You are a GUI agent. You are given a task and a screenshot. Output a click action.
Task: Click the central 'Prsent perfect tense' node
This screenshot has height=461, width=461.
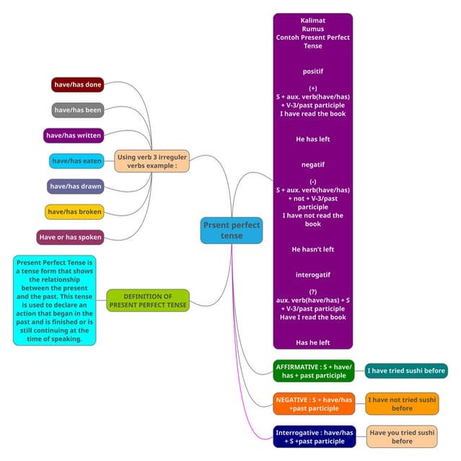(x=232, y=230)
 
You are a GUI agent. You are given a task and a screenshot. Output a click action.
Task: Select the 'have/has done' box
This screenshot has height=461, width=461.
(x=78, y=84)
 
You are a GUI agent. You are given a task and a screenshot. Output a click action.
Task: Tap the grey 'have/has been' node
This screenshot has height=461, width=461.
(x=79, y=110)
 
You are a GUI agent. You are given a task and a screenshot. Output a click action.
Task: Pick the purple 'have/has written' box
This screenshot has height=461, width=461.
(x=74, y=135)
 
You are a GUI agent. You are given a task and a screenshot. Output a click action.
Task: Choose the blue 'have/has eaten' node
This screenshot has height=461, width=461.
(x=77, y=161)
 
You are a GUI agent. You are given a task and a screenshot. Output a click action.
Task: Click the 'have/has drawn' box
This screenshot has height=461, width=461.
(x=76, y=186)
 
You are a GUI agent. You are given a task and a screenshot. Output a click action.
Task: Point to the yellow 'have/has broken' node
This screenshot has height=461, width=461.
(x=74, y=211)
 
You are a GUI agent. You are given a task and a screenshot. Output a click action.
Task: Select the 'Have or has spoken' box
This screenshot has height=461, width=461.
(x=71, y=237)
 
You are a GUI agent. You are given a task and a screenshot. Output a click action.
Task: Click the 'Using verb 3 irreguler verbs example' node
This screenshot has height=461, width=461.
(x=152, y=160)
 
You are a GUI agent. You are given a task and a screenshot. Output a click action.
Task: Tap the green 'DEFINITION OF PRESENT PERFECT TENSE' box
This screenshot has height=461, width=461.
(x=148, y=300)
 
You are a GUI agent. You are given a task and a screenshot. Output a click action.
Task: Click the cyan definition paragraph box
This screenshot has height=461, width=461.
(x=54, y=299)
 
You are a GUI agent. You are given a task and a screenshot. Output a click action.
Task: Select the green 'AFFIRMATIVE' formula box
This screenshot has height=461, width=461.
(x=314, y=371)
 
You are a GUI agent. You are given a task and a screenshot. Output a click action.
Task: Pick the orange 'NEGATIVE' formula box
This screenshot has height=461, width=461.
(x=314, y=403)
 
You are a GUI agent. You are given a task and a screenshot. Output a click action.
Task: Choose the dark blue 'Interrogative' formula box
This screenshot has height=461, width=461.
(x=314, y=436)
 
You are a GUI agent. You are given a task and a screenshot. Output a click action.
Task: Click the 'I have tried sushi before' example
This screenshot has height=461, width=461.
(x=406, y=371)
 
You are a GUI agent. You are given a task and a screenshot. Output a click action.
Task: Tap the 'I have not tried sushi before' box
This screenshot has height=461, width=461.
(x=402, y=403)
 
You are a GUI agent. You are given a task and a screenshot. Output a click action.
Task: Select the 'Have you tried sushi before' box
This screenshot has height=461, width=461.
(x=402, y=436)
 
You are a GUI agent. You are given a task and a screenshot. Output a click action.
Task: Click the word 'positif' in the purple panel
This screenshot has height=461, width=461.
(x=312, y=71)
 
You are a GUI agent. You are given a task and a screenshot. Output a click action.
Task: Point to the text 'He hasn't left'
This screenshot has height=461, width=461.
(x=312, y=249)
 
